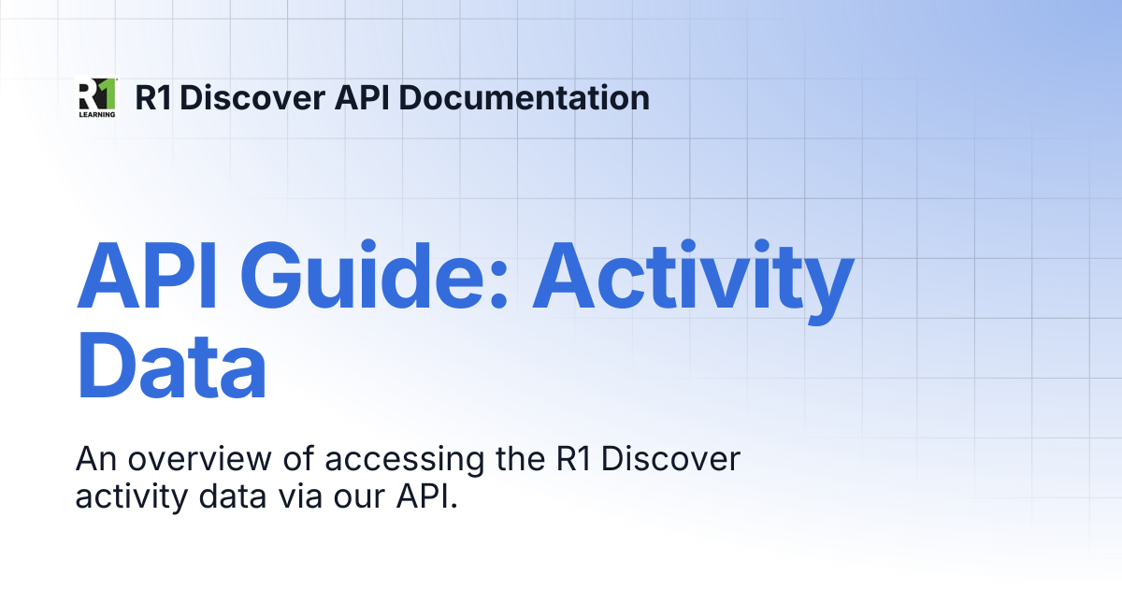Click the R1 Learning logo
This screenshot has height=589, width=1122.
click(97, 97)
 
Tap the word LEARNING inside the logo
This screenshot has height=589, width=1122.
click(97, 114)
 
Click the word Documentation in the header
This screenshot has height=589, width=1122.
click(524, 97)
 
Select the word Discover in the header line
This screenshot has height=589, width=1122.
click(252, 97)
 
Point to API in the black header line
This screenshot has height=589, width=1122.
click(362, 97)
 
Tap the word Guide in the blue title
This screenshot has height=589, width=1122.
click(374, 275)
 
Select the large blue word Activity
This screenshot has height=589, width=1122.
click(693, 281)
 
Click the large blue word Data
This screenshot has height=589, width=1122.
click(171, 365)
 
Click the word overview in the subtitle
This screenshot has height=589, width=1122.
click(199, 459)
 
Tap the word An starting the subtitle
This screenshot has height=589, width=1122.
click(96, 459)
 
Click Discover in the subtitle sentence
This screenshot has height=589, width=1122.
click(670, 459)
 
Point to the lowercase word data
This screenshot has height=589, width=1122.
click(233, 496)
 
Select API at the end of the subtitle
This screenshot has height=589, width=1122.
click(426, 496)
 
